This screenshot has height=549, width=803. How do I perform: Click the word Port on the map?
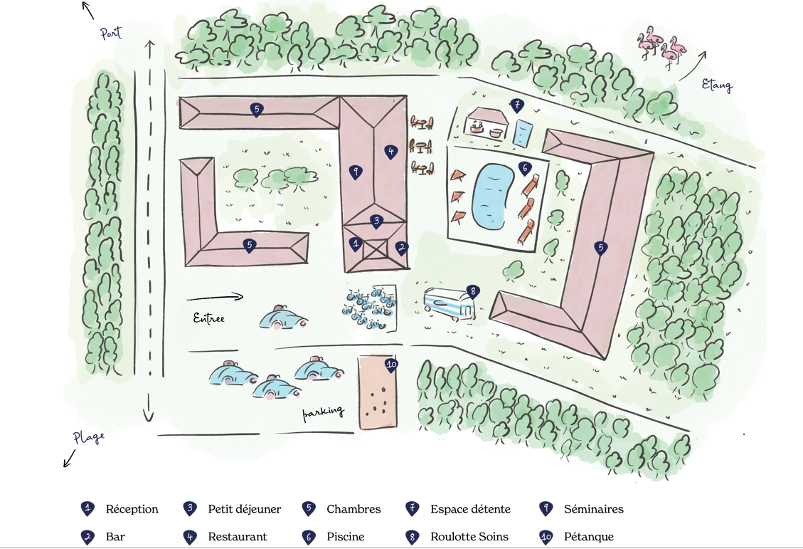(111, 33)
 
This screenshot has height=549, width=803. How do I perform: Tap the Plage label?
(89, 437)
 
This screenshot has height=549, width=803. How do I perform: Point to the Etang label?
(716, 85)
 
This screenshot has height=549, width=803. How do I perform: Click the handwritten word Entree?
(209, 318)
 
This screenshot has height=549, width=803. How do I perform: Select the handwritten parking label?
(324, 412)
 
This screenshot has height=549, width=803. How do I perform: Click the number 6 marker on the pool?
(526, 169)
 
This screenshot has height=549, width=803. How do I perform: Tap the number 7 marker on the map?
(517, 106)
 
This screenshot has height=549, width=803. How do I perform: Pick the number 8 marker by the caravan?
(472, 291)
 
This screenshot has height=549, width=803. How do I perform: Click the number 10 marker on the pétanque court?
(390, 365)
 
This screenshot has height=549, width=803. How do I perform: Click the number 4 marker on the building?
(390, 152)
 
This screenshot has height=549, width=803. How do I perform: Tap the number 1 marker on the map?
(356, 244)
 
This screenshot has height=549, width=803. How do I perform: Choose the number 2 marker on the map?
(402, 249)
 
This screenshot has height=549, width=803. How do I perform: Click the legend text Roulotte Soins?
(469, 537)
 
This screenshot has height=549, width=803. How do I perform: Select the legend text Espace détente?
(470, 509)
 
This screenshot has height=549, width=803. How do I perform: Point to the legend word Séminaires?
(593, 509)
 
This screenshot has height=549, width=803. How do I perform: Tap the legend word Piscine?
(346, 537)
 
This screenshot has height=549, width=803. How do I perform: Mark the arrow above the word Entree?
(215, 298)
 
